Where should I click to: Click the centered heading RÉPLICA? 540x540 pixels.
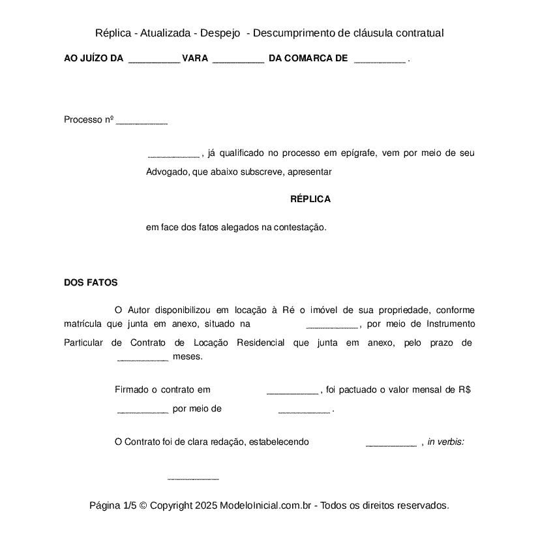click(x=310, y=200)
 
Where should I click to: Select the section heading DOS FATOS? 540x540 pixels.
click(x=91, y=283)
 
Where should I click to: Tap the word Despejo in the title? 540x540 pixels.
click(x=220, y=33)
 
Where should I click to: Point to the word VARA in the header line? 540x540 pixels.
click(x=195, y=59)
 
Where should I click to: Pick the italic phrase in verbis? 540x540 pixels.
click(x=445, y=442)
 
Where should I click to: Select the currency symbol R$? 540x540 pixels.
click(x=464, y=390)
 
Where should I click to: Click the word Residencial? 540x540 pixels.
click(x=260, y=343)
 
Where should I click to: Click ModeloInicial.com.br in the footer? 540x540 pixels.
click(x=267, y=505)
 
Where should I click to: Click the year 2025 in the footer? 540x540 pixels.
click(x=205, y=505)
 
